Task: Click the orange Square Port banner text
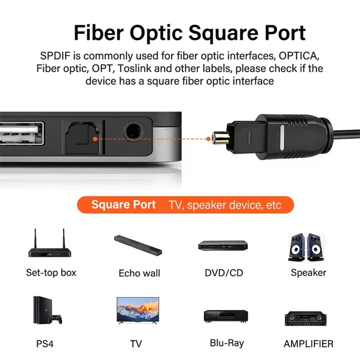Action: coord(124,205)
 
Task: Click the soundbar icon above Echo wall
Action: coord(139,246)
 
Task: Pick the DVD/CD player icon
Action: coord(223,245)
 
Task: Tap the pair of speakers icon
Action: coord(307,246)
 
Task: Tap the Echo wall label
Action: coord(139,273)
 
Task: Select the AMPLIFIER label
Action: coord(308,344)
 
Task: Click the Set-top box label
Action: coord(51,273)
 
